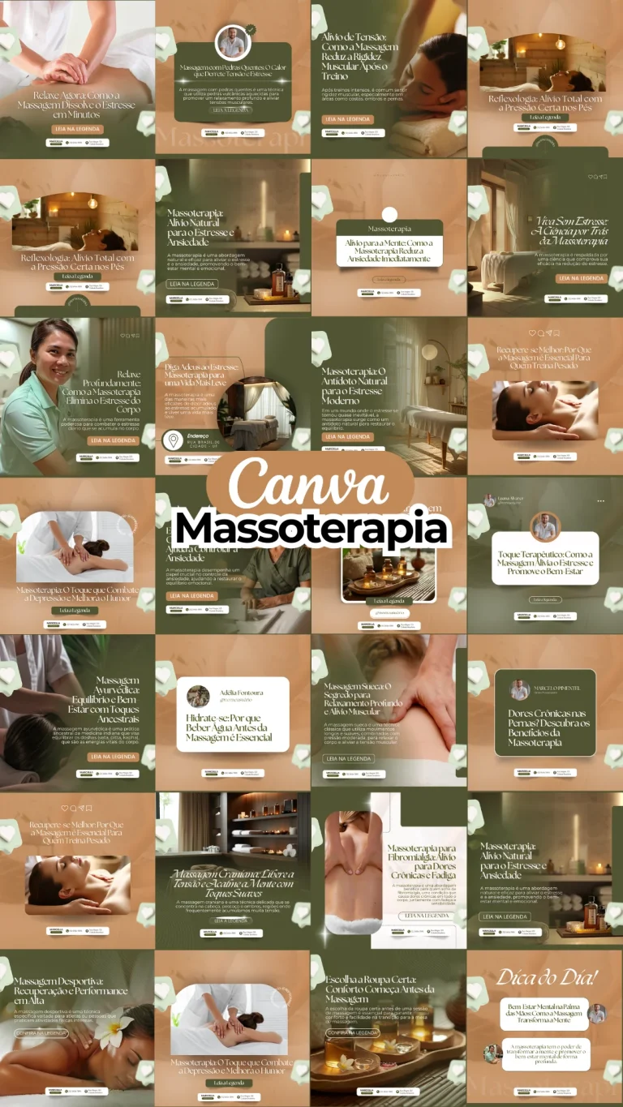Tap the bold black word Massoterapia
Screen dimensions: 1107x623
click(x=311, y=528)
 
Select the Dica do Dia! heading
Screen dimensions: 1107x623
click(x=547, y=976)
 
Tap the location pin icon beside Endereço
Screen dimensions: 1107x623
click(x=173, y=440)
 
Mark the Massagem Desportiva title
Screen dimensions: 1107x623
click(x=71, y=990)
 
